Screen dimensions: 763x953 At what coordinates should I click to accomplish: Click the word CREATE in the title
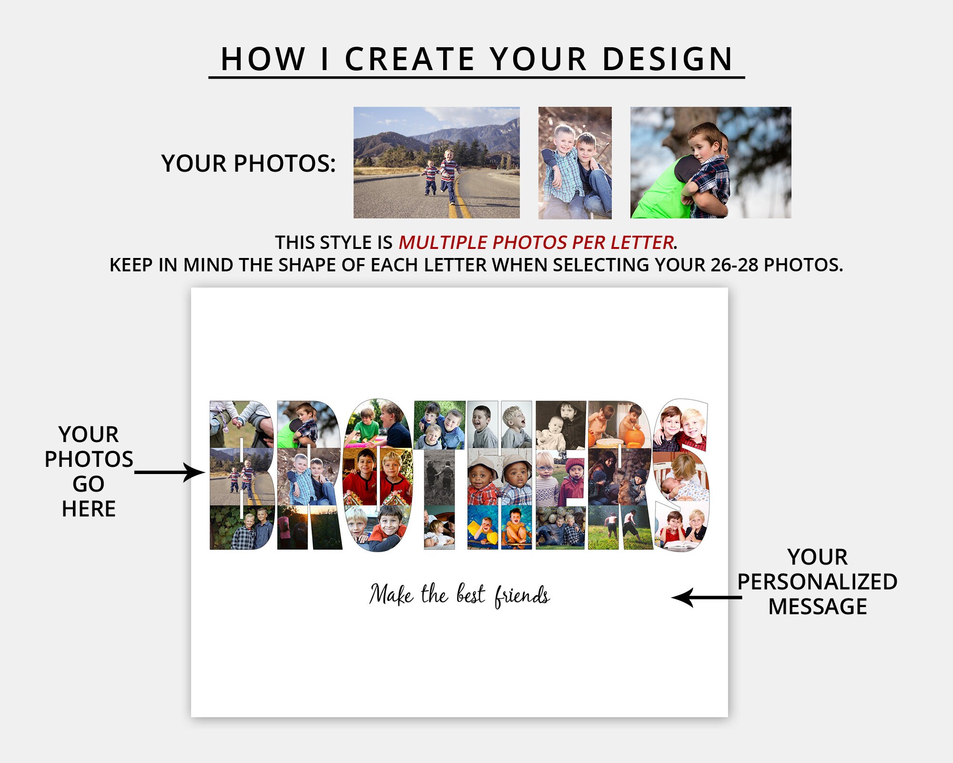pyautogui.click(x=409, y=60)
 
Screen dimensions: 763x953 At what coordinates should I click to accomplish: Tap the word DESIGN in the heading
pyautogui.click(x=667, y=60)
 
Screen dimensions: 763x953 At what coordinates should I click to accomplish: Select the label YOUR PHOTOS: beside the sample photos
pyautogui.click(x=248, y=164)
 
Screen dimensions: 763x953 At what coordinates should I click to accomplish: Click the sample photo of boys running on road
pyautogui.click(x=436, y=163)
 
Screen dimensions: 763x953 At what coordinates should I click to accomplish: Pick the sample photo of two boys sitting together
pyautogui.click(x=575, y=163)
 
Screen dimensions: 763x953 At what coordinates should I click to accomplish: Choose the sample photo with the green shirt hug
pyautogui.click(x=710, y=163)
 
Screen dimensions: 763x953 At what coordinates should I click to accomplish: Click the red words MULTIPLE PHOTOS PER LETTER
pyautogui.click(x=536, y=243)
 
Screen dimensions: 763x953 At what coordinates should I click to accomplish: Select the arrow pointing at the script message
pyautogui.click(x=706, y=598)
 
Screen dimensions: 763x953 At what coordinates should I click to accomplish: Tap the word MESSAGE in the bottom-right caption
pyautogui.click(x=818, y=607)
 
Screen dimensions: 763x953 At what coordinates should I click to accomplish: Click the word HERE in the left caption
pyautogui.click(x=89, y=509)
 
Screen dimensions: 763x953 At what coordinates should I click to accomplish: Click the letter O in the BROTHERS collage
pyautogui.click(x=378, y=474)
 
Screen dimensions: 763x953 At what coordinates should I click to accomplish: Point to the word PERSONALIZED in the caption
pyautogui.click(x=817, y=582)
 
